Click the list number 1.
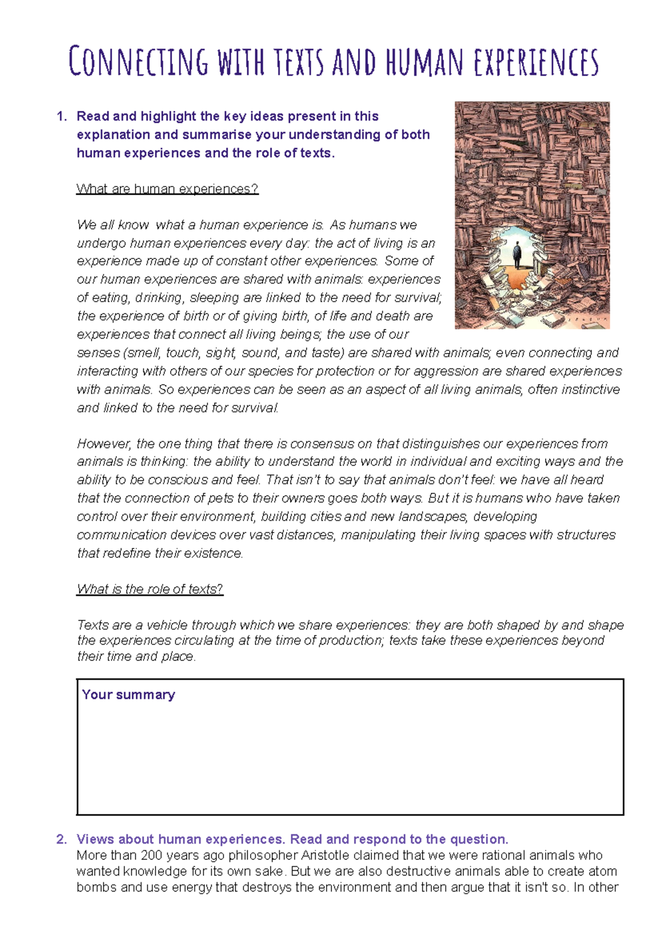[x=61, y=116]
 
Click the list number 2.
[x=61, y=839]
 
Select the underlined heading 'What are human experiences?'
[x=167, y=189]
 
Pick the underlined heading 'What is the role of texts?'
[x=150, y=589]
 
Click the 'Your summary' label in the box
[x=128, y=695]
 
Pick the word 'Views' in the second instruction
[x=95, y=839]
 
